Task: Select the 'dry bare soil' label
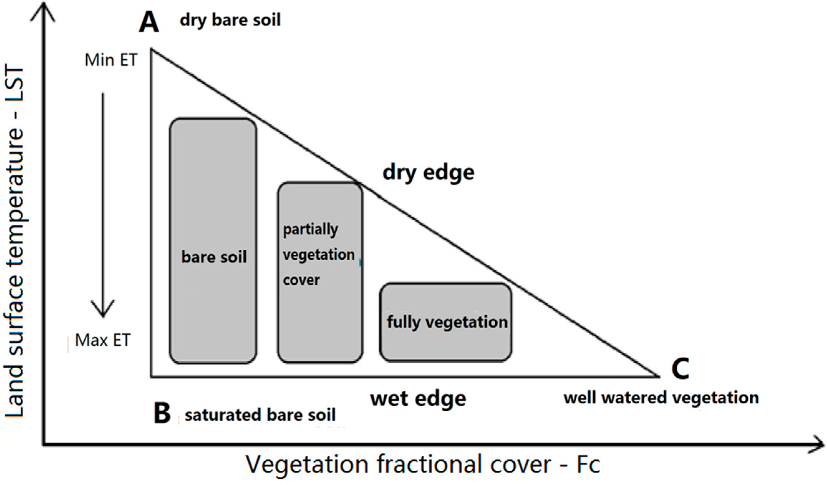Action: click(x=230, y=20)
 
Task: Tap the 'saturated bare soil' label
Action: click(x=260, y=415)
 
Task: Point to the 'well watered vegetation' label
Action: click(x=661, y=398)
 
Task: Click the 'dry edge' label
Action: click(x=428, y=172)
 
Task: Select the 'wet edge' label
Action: click(x=418, y=398)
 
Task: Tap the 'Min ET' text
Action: click(x=111, y=61)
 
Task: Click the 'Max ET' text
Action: click(x=103, y=340)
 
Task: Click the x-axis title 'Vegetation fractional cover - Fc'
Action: click(x=423, y=465)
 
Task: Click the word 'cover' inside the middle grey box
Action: click(x=301, y=280)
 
